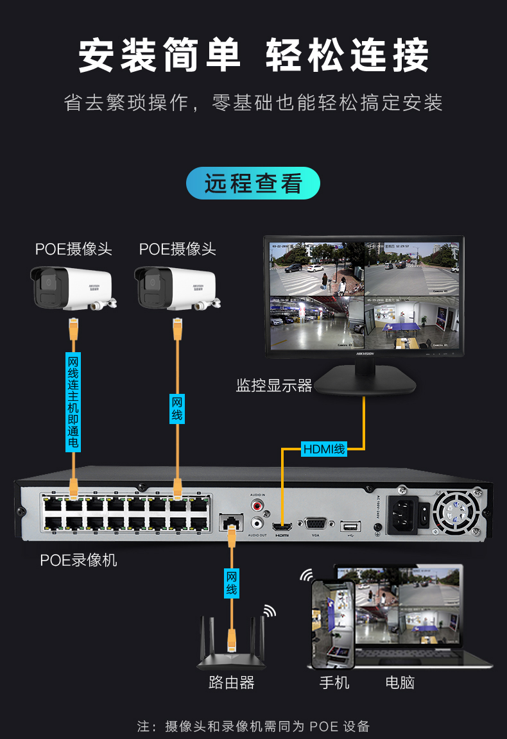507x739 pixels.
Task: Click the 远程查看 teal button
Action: point(253,183)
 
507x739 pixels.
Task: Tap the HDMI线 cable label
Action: point(324,449)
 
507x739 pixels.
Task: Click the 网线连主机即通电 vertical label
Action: point(73,402)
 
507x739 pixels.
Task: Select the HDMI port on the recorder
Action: point(282,527)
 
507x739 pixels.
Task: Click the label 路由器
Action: point(231,683)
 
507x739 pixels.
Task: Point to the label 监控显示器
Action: point(274,386)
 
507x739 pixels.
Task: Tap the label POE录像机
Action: point(78,560)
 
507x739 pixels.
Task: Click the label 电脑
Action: point(400,683)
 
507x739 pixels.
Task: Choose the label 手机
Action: point(334,683)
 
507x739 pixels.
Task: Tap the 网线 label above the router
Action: point(232,583)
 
